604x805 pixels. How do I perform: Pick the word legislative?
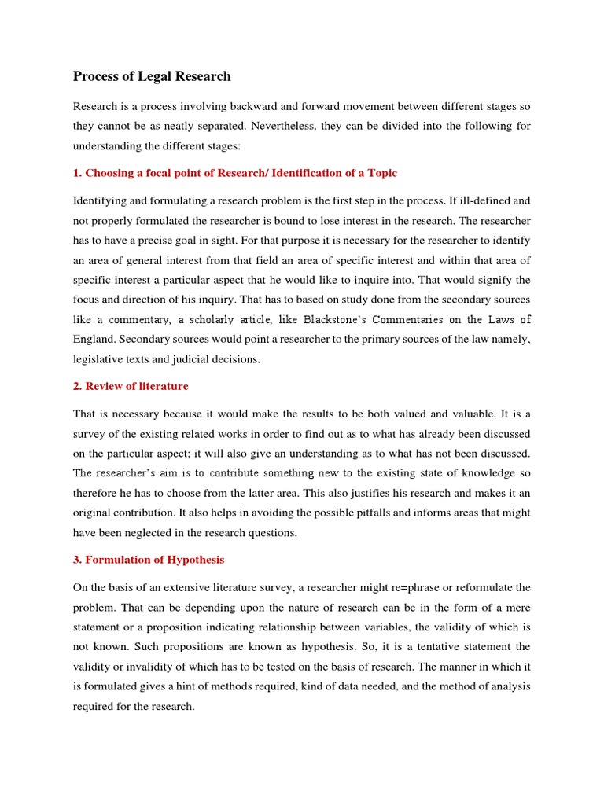(99, 359)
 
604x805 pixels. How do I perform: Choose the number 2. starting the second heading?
(78, 386)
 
